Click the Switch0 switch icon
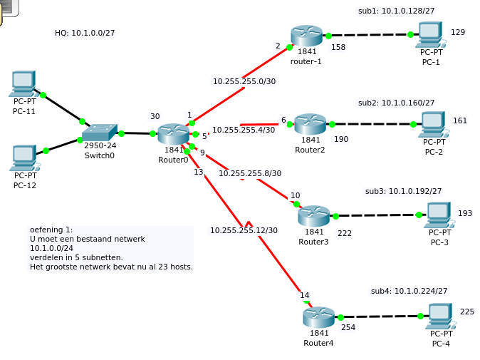(99, 133)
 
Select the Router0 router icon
(173, 133)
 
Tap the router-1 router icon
(306, 36)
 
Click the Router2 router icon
(310, 123)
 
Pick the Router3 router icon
(313, 215)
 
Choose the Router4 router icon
(318, 317)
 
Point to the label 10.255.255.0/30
(244, 81)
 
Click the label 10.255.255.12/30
(244, 230)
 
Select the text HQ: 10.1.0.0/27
(85, 33)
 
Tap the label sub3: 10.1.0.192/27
(403, 191)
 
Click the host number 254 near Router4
(348, 327)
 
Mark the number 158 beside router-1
(338, 47)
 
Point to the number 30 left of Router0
(155, 116)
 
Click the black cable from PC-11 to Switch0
(63, 108)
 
